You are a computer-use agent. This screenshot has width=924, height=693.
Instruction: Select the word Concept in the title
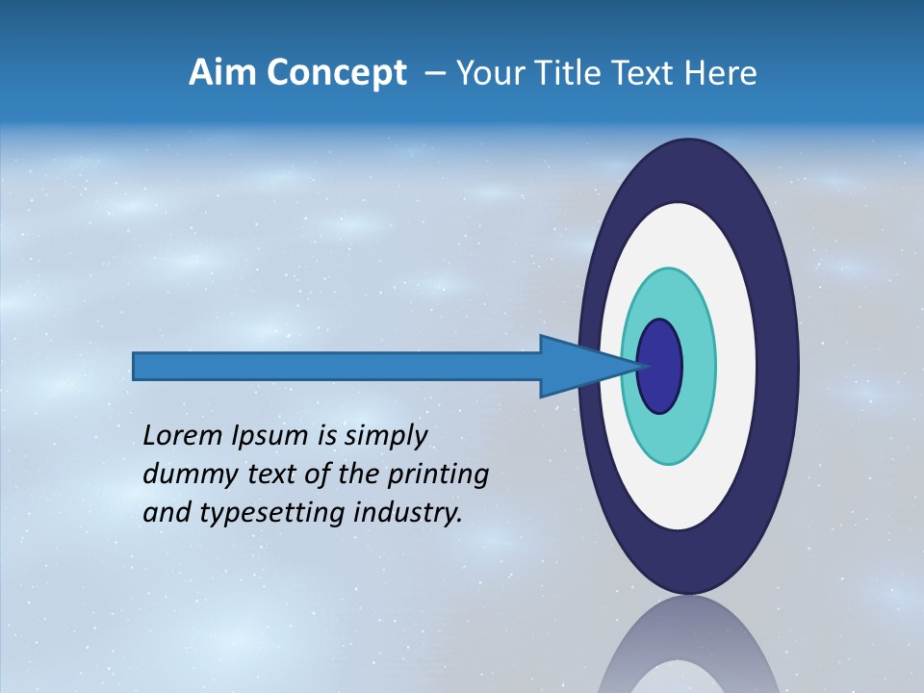click(x=336, y=73)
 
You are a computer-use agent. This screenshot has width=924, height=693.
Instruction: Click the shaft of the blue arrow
click(x=337, y=367)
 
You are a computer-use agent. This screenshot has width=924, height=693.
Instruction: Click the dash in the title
click(x=435, y=74)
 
